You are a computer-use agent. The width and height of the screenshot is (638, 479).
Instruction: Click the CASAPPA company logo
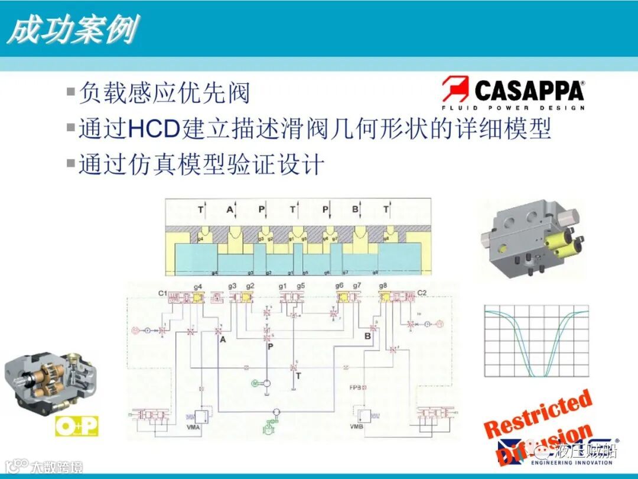click(513, 93)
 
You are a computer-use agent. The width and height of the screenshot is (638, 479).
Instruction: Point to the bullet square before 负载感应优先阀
click(71, 92)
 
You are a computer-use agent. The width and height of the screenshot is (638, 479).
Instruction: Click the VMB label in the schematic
click(356, 427)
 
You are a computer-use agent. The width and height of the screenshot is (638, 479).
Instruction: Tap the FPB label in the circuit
click(355, 388)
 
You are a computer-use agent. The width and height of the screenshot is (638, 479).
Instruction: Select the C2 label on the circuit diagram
click(422, 293)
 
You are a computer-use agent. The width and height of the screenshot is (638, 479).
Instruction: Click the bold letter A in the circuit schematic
click(223, 339)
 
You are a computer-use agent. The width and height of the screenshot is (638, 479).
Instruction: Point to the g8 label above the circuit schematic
click(385, 287)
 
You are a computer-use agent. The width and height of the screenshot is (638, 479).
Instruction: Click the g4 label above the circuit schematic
click(198, 287)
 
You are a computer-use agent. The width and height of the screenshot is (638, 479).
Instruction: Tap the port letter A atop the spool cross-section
click(230, 209)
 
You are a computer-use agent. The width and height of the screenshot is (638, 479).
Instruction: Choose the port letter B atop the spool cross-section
click(355, 209)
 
